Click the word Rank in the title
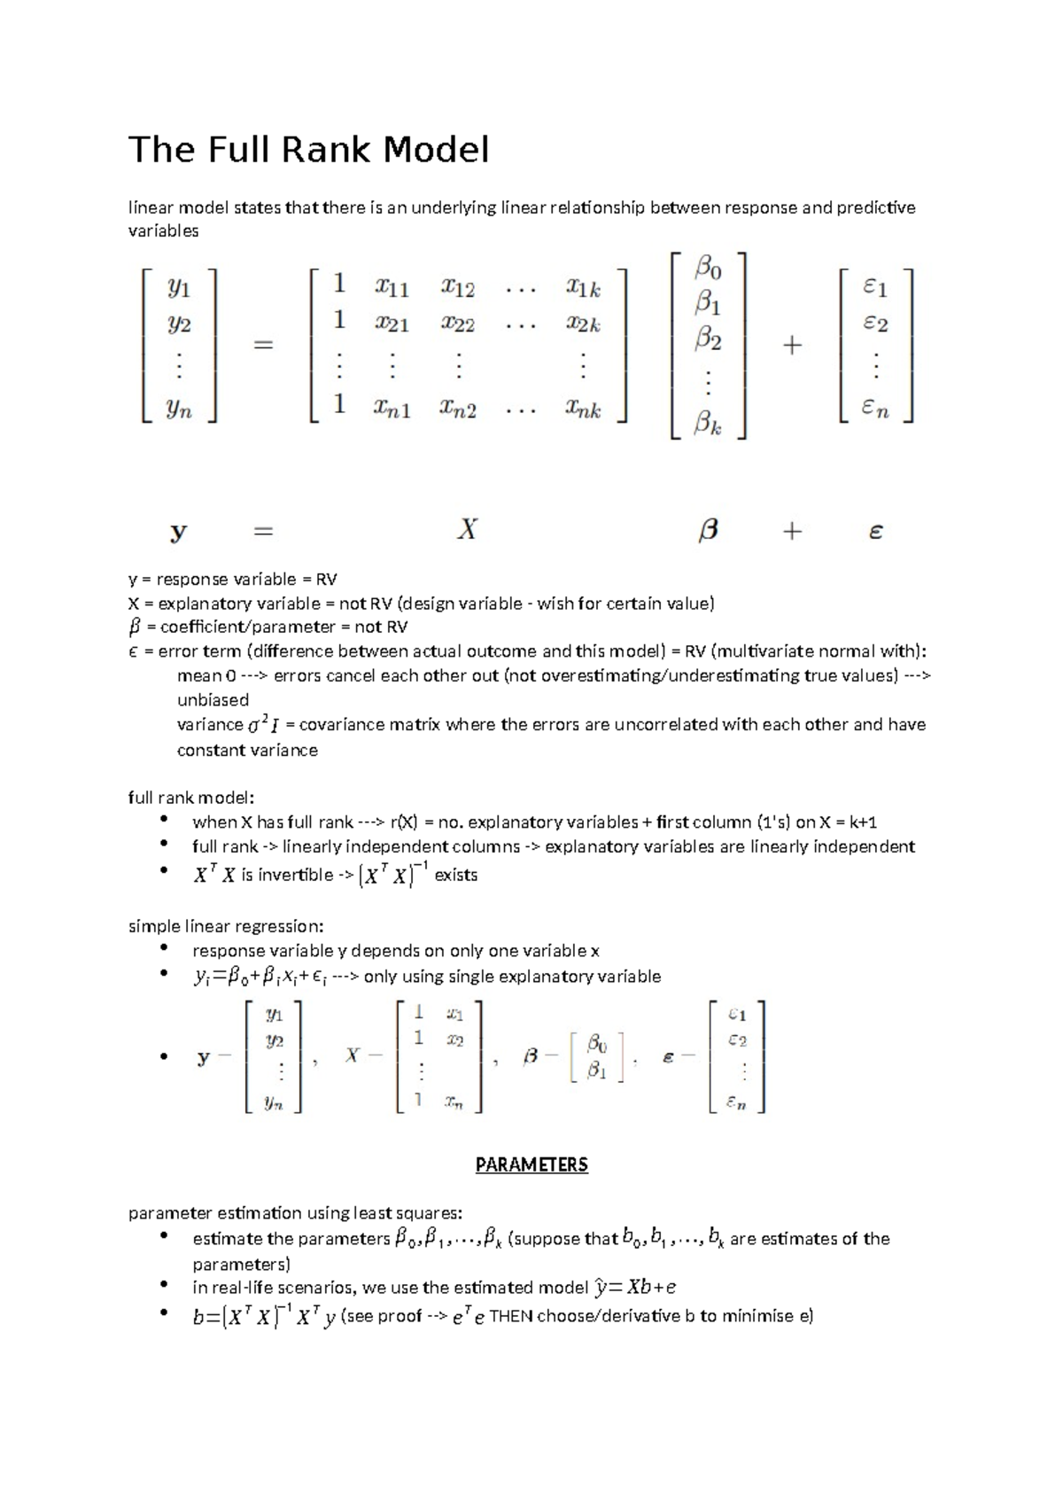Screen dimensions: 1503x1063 327,150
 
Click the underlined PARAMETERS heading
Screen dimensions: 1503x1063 531,1164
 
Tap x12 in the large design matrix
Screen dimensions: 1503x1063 458,288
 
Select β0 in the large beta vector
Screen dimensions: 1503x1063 708,266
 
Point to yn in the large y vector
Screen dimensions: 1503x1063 180,409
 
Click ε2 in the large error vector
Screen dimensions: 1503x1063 875,324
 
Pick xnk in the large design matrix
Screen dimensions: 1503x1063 583,409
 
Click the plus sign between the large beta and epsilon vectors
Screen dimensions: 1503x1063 792,346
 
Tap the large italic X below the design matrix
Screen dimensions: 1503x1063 467,530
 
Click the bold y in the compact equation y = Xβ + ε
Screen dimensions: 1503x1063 179,532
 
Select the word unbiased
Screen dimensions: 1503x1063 213,700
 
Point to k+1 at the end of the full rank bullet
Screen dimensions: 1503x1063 858,822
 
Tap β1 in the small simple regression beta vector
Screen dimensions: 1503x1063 597,1071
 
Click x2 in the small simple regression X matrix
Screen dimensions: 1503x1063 454,1040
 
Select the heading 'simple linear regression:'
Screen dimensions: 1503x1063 226,927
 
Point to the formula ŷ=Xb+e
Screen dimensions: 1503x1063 635,1288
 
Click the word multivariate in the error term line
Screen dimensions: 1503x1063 764,651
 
